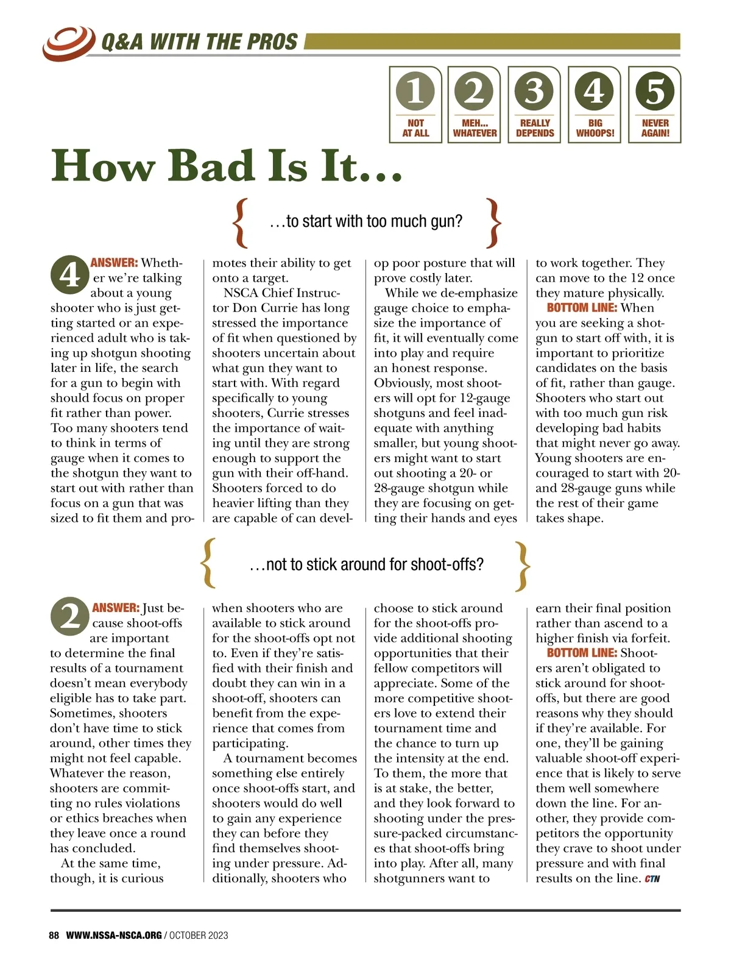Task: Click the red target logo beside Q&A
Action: click(68, 41)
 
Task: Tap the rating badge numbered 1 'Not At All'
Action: click(415, 104)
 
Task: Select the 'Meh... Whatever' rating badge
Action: click(475, 104)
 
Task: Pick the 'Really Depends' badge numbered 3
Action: click(534, 104)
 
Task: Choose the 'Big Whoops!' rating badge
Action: click(595, 104)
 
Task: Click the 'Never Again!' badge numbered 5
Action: click(655, 104)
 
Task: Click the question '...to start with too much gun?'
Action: click(365, 221)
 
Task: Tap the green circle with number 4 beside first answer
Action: click(69, 276)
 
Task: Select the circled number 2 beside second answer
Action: click(69, 617)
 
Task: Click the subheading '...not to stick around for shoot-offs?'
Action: click(366, 564)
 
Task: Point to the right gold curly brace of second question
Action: click(523, 566)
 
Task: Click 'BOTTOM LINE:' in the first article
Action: click(582, 308)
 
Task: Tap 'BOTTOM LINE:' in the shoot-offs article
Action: click(582, 653)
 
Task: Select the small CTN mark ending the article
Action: click(652, 879)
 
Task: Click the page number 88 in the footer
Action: click(54, 935)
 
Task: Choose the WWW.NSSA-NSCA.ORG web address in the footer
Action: click(114, 935)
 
